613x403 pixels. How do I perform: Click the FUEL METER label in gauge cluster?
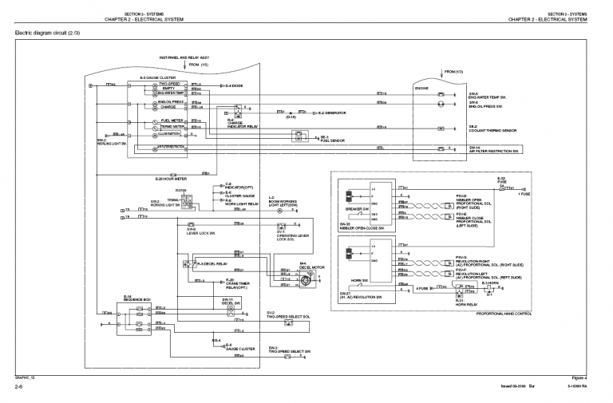coord(172,121)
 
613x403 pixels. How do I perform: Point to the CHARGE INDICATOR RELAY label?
coord(241,125)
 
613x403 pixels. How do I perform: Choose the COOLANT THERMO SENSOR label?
coord(492,129)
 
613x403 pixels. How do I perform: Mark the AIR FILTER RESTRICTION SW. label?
coord(494,151)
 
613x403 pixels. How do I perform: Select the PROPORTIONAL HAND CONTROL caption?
coord(503,314)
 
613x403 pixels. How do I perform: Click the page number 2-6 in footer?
coord(18,386)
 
